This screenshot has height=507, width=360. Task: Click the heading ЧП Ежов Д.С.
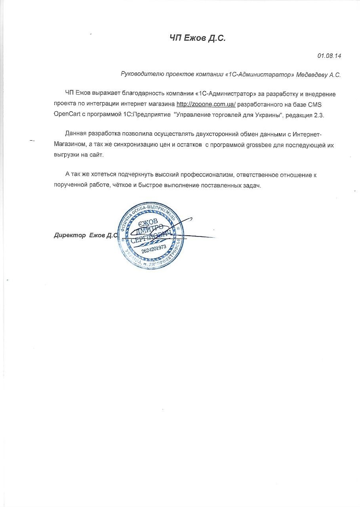pos(197,38)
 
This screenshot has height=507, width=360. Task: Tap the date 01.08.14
pos(329,56)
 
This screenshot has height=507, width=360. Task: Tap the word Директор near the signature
pos(70,235)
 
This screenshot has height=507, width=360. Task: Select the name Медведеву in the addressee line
pos(309,74)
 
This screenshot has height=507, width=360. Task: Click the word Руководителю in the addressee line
pos(140,74)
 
